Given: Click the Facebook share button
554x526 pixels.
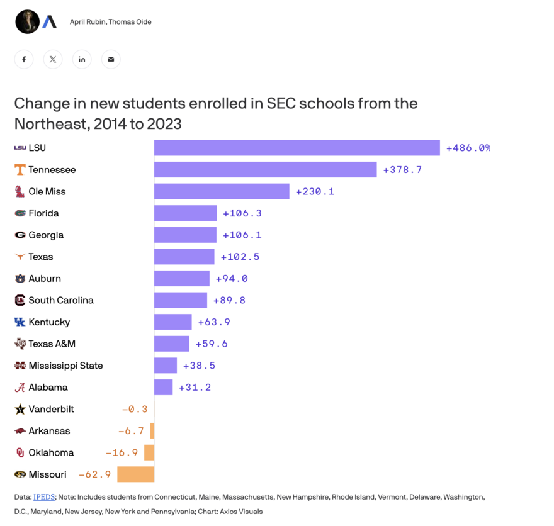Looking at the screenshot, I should tap(24, 59).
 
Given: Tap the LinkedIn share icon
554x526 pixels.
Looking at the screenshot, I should tap(82, 59).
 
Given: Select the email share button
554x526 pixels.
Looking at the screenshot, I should tap(111, 59).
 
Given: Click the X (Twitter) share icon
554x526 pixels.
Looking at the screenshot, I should tap(53, 59).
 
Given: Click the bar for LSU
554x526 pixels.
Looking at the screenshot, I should tap(297, 148).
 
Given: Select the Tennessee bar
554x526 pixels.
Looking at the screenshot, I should tap(265, 170).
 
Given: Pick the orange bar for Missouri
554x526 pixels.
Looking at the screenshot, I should tap(135, 474).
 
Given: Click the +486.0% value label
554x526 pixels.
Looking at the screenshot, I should tap(468, 148).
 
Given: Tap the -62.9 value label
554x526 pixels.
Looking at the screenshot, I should tap(94, 474).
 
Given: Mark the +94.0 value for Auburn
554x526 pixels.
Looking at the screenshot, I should tap(232, 279).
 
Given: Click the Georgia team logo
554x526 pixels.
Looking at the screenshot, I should tap(20, 235).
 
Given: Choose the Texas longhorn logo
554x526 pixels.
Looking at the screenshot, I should tap(20, 257).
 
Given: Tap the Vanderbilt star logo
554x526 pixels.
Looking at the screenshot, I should tap(20, 410).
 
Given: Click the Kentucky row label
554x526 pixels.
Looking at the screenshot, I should tap(49, 322).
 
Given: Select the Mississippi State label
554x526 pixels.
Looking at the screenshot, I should tap(65, 366).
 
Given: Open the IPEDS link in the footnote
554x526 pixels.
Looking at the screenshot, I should tap(44, 497).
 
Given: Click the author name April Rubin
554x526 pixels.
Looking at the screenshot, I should tap(88, 22).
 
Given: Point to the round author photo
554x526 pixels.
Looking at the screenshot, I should tap(27, 22).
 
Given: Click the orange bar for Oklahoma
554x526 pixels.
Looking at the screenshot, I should tap(149, 453).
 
